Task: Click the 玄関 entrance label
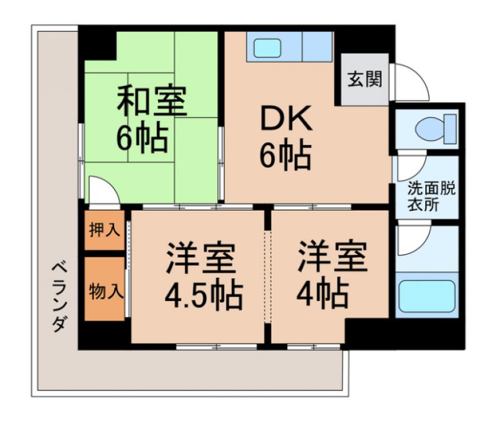364,79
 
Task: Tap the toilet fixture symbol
436,129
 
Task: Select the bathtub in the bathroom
427,296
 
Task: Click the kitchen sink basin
267,48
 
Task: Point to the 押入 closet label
104,230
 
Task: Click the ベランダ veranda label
59,297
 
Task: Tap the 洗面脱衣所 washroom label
432,196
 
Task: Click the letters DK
286,118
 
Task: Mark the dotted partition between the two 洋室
268,276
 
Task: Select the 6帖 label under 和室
142,137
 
